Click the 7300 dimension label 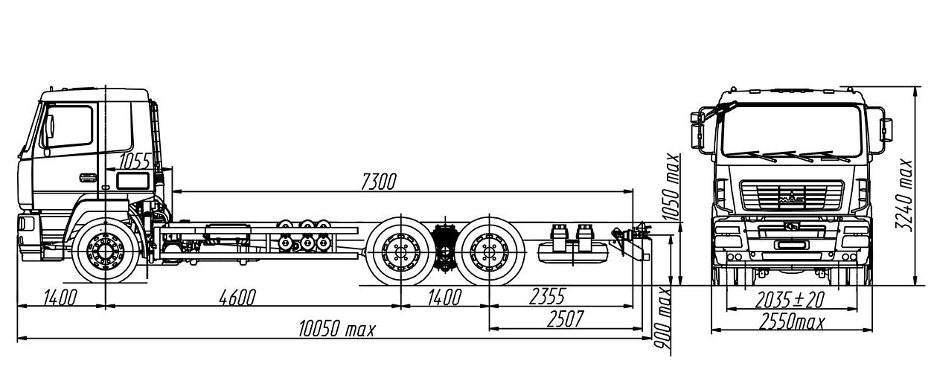tap(379, 182)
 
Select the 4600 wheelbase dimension tap(237, 298)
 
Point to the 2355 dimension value tap(547, 298)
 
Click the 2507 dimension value tap(564, 319)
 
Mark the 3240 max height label tap(906, 193)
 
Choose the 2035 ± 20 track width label tap(790, 299)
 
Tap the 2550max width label tap(791, 322)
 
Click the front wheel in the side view tap(105, 249)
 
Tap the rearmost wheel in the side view tap(489, 249)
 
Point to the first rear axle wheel tap(401, 249)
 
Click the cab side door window tap(69, 127)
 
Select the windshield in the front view tap(790, 130)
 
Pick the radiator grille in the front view tap(790, 197)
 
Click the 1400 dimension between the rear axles tap(444, 298)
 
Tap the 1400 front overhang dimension tap(60, 298)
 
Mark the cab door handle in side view tap(88, 177)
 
